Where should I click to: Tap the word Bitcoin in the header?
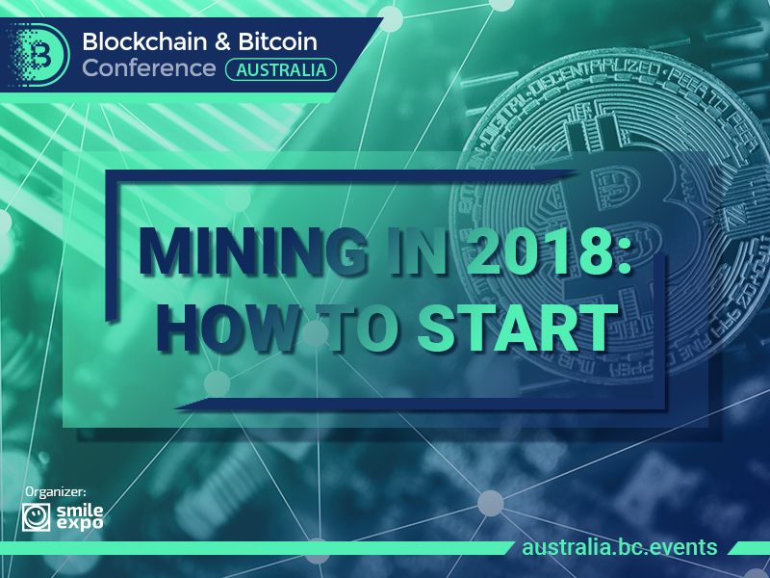pyautogui.click(x=277, y=41)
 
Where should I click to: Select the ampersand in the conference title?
pyautogui.click(x=222, y=41)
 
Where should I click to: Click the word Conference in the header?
pyautogui.click(x=149, y=67)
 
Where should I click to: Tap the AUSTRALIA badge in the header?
pyautogui.click(x=281, y=69)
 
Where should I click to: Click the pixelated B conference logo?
pyautogui.click(x=38, y=55)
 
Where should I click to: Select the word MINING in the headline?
pyautogui.click(x=253, y=251)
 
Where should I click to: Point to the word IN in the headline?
pyautogui.click(x=418, y=251)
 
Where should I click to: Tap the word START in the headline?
pyautogui.click(x=518, y=328)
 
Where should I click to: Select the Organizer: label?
pyautogui.click(x=56, y=492)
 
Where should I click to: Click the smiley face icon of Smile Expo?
pyautogui.click(x=36, y=517)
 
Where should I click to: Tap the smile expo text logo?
pyautogui.click(x=80, y=517)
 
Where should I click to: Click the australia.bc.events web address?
pyautogui.click(x=619, y=547)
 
